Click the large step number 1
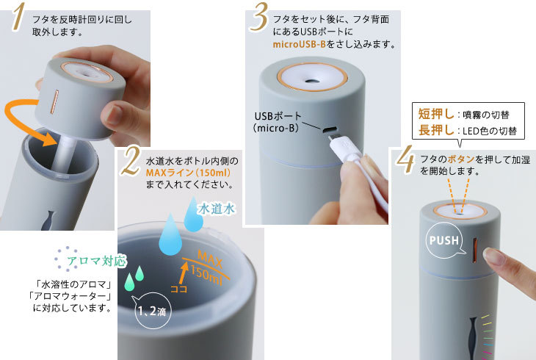(x=18, y=19)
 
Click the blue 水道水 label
(x=217, y=209)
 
